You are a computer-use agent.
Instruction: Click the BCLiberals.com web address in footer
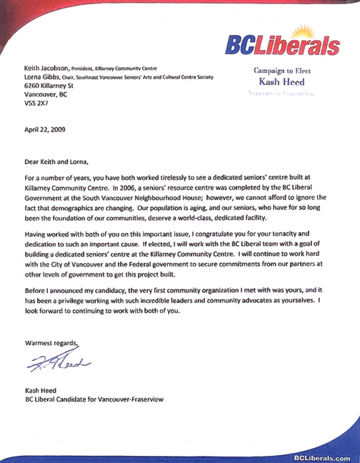point(321,457)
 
